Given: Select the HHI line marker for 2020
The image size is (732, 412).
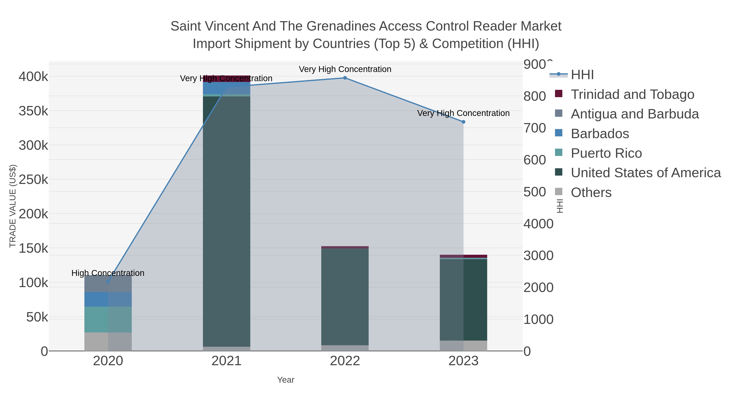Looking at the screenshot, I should [x=108, y=282].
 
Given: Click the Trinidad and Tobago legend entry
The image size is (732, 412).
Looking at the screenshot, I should [x=632, y=94].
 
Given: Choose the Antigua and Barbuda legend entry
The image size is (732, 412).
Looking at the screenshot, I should [x=635, y=114].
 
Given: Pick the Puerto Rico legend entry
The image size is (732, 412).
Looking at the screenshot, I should [x=606, y=153].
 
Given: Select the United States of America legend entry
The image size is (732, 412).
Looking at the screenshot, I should [x=646, y=173].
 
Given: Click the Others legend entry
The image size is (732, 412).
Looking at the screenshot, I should [x=591, y=192].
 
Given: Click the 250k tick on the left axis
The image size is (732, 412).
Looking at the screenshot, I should [x=33, y=180].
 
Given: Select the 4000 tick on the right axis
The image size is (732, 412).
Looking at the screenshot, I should [x=538, y=224].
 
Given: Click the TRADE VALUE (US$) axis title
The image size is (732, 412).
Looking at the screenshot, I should [x=13, y=206].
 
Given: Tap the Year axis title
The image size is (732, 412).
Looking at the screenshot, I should [x=286, y=380].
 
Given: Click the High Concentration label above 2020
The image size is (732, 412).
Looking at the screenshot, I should [x=108, y=273].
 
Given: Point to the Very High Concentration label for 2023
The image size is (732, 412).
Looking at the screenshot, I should [x=463, y=113].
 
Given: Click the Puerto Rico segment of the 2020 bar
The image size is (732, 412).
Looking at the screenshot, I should [x=108, y=319].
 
